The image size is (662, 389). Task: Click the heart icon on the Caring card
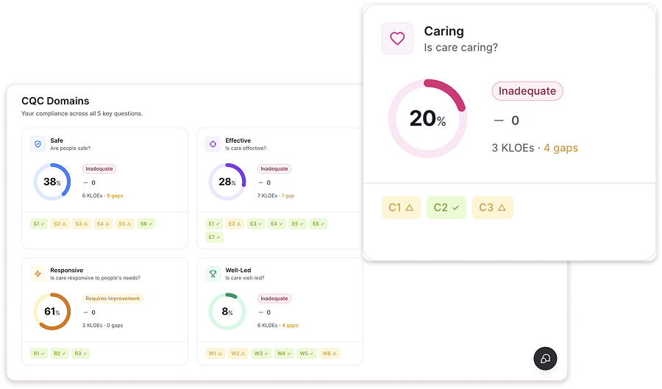(397, 38)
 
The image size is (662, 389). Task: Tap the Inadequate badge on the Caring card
(527, 91)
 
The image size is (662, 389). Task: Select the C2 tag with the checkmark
(446, 207)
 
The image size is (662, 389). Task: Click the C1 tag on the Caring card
(401, 207)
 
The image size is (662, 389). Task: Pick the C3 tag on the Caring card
(492, 207)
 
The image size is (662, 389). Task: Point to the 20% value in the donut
(427, 119)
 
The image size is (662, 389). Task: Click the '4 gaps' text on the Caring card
(560, 148)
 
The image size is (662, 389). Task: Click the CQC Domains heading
(55, 101)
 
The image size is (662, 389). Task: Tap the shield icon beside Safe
(38, 144)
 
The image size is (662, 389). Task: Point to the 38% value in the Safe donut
(51, 182)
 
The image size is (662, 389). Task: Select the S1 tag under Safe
(39, 224)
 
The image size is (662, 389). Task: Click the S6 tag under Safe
(146, 224)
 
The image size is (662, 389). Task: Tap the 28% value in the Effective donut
(227, 182)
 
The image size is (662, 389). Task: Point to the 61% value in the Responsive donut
(51, 312)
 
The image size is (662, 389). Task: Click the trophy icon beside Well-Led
(213, 274)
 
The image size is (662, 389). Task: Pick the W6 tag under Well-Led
(329, 354)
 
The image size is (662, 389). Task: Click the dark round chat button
(545, 358)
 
